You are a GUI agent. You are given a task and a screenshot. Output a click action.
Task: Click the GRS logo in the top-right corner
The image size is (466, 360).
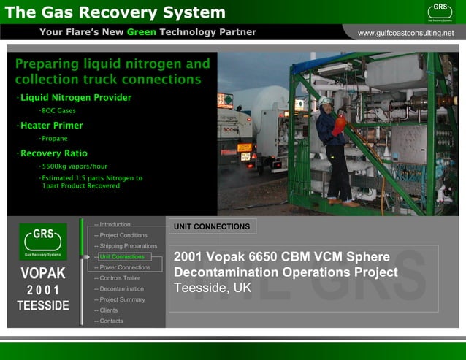click(x=440, y=11)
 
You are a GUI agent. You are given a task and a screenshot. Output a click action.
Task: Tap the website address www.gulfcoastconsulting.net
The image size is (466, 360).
click(x=405, y=33)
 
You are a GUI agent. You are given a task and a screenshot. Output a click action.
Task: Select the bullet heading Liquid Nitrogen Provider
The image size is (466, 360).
click(x=75, y=97)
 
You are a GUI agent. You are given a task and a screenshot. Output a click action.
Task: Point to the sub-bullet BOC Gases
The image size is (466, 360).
click(x=58, y=111)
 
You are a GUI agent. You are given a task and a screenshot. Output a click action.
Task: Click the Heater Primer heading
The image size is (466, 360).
click(x=51, y=125)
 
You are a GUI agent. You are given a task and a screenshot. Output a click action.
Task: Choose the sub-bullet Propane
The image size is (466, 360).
click(x=54, y=138)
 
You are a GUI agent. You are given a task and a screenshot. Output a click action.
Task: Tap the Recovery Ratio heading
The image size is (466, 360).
click(x=53, y=153)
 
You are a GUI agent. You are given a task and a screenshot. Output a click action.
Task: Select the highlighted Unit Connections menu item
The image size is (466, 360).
click(x=121, y=257)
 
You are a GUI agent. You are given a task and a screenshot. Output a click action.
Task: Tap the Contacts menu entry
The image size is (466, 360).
click(x=111, y=321)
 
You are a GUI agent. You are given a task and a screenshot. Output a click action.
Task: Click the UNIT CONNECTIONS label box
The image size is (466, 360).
click(x=212, y=226)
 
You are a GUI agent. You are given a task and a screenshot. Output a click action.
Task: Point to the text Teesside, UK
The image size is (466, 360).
click(x=213, y=288)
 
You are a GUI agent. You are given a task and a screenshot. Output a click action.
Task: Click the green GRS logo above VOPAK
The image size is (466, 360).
click(x=42, y=240)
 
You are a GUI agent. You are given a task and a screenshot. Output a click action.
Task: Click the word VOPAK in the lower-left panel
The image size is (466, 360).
click(x=43, y=274)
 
